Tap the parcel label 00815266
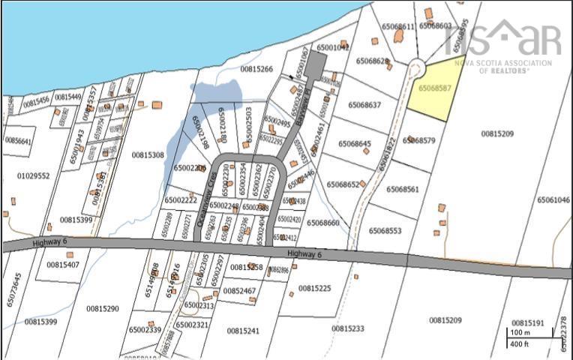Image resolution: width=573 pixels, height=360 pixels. click(x=256, y=69)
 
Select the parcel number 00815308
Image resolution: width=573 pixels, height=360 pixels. click(x=148, y=155)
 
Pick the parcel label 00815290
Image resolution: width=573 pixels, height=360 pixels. click(x=102, y=308)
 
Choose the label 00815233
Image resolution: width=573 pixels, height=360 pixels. click(x=348, y=328)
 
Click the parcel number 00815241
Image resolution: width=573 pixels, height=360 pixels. click(x=243, y=330)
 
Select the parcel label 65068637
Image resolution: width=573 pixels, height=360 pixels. click(x=364, y=104)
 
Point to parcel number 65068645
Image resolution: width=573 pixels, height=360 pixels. click(x=355, y=143)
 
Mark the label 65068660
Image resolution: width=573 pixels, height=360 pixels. click(x=323, y=223)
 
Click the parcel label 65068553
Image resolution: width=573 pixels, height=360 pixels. click(x=385, y=231)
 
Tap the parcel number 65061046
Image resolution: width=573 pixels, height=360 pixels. click(x=553, y=200)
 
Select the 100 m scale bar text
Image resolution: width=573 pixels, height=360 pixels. click(x=520, y=331)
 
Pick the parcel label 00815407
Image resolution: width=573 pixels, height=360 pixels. click(x=63, y=265)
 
